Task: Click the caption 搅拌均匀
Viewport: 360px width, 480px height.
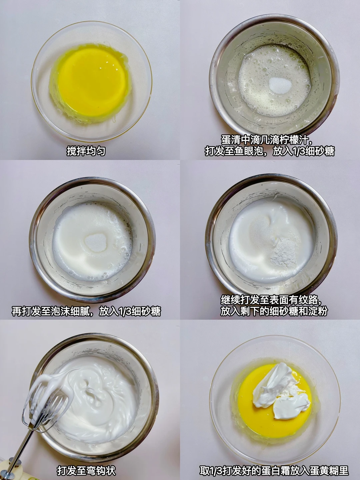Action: (86, 151)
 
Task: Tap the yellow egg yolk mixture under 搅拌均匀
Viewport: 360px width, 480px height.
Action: (92, 82)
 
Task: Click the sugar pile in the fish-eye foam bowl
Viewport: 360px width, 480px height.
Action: (280, 85)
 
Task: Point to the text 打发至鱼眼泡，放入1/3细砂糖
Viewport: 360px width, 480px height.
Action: (270, 151)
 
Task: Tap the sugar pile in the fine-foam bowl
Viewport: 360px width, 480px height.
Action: (96, 242)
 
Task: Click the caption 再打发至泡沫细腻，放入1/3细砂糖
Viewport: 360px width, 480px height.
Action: (86, 311)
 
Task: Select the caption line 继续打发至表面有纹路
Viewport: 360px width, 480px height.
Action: (271, 300)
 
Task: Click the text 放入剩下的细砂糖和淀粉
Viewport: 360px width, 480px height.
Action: (274, 311)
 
